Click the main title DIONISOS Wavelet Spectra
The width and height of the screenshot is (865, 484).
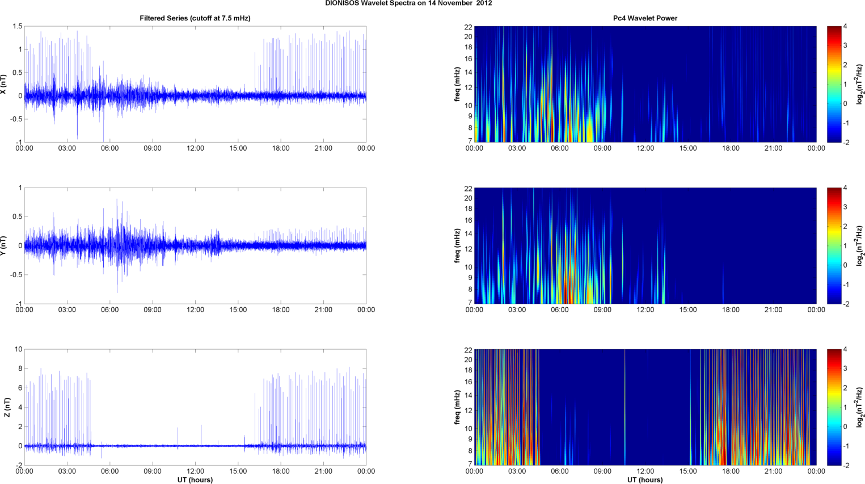point(408,3)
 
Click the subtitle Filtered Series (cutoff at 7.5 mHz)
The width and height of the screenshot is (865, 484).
point(195,18)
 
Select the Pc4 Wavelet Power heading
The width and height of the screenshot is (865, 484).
point(645,18)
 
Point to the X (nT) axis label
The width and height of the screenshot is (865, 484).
point(4,84)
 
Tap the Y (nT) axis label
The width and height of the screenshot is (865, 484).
point(4,245)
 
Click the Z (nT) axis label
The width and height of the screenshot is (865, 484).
point(7,407)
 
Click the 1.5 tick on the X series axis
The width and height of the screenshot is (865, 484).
point(17,27)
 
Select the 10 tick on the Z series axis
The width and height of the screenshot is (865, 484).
point(18,350)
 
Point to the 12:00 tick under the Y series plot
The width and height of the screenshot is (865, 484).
point(195,310)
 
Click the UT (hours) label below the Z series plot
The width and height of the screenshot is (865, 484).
point(195,480)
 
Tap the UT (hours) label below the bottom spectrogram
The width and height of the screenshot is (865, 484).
point(645,480)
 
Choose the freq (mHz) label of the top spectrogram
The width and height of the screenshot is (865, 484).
point(457,84)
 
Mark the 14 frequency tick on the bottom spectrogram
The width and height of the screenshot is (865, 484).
point(468,396)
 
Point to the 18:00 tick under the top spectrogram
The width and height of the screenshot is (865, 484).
point(731,148)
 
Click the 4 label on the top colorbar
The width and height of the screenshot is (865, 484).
point(845,27)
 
